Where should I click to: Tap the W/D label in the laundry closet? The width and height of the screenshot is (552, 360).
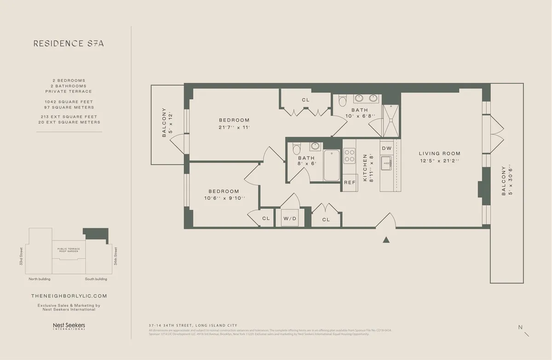coord(290,218)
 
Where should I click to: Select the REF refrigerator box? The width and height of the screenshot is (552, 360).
coord(350,183)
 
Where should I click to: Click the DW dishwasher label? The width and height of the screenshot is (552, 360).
coord(386,148)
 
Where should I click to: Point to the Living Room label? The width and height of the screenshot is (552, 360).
coord(439,154)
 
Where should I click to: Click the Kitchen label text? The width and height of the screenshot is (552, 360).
coord(366,167)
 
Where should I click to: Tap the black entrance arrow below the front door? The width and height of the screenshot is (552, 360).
coord(387,239)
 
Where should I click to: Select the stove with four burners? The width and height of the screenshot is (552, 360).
coord(350,156)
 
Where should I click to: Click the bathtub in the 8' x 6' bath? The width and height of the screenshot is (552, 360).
coord(332,166)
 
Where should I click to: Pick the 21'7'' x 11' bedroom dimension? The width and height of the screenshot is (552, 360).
coord(234,127)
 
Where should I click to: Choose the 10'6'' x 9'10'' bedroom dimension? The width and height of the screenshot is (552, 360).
coord(224,199)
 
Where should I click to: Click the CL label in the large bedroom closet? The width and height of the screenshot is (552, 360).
coord(306,100)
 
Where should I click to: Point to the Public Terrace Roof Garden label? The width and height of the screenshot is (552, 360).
coord(69,250)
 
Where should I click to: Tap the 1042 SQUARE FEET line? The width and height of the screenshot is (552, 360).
coord(69,102)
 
